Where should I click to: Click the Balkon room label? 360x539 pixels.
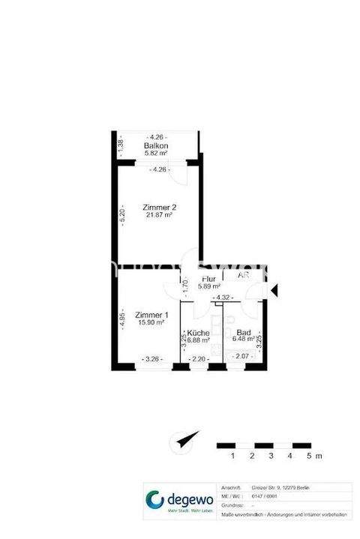pyautogui.click(x=156, y=145)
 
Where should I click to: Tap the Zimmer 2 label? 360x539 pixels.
pyautogui.click(x=158, y=206)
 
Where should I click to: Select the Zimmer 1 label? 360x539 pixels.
pyautogui.click(x=151, y=315)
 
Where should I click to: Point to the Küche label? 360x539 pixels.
pyautogui.click(x=198, y=332)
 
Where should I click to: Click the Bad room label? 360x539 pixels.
pyautogui.click(x=243, y=332)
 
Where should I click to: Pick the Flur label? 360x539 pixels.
pyautogui.click(x=208, y=279)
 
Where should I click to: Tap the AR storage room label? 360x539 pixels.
pyautogui.click(x=243, y=275)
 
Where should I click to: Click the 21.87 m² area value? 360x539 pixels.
pyautogui.click(x=158, y=215)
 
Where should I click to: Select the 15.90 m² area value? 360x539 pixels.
pyautogui.click(x=151, y=323)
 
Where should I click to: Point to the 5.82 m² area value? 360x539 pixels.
pyautogui.click(x=156, y=153)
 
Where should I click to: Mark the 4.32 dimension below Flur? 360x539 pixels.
pyautogui.click(x=221, y=298)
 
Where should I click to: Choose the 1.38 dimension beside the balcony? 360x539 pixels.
pyautogui.click(x=120, y=145)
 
